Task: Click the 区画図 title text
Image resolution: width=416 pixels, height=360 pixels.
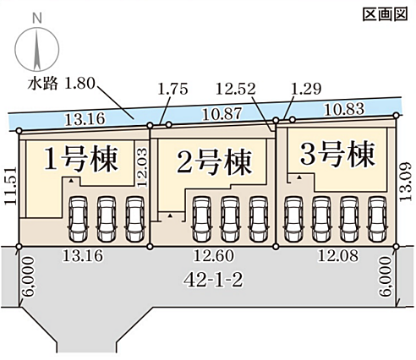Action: coord(385,14)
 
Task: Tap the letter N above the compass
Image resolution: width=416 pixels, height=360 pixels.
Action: coord(37,19)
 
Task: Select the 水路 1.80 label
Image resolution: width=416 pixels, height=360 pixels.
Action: coord(61,84)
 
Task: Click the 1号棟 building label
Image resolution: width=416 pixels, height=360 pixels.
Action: coord(81,160)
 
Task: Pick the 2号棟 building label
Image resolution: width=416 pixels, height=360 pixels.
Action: coord(214,162)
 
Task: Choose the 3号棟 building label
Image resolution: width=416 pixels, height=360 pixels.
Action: coord(337,154)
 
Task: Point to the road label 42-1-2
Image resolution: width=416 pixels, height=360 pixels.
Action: coord(213,281)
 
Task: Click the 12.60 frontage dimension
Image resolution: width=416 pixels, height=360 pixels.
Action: coord(213,256)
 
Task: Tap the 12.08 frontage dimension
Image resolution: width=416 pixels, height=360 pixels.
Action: coord(338,256)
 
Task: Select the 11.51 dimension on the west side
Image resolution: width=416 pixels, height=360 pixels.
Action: coord(11,186)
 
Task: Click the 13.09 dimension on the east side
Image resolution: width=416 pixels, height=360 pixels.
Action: coord(406,181)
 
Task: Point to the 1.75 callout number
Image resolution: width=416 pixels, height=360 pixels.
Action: coord(172,89)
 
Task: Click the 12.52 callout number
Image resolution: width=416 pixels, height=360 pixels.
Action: coord(236,89)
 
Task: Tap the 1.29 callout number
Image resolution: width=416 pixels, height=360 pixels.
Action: coord(306,89)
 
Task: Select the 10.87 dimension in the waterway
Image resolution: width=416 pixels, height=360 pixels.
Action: coord(222,114)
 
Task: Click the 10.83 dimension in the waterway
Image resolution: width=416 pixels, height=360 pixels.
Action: coord(344,109)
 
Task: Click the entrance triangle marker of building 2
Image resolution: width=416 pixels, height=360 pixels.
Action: coord(170,215)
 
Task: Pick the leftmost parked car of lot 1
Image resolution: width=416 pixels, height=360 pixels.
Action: coord(79,219)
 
